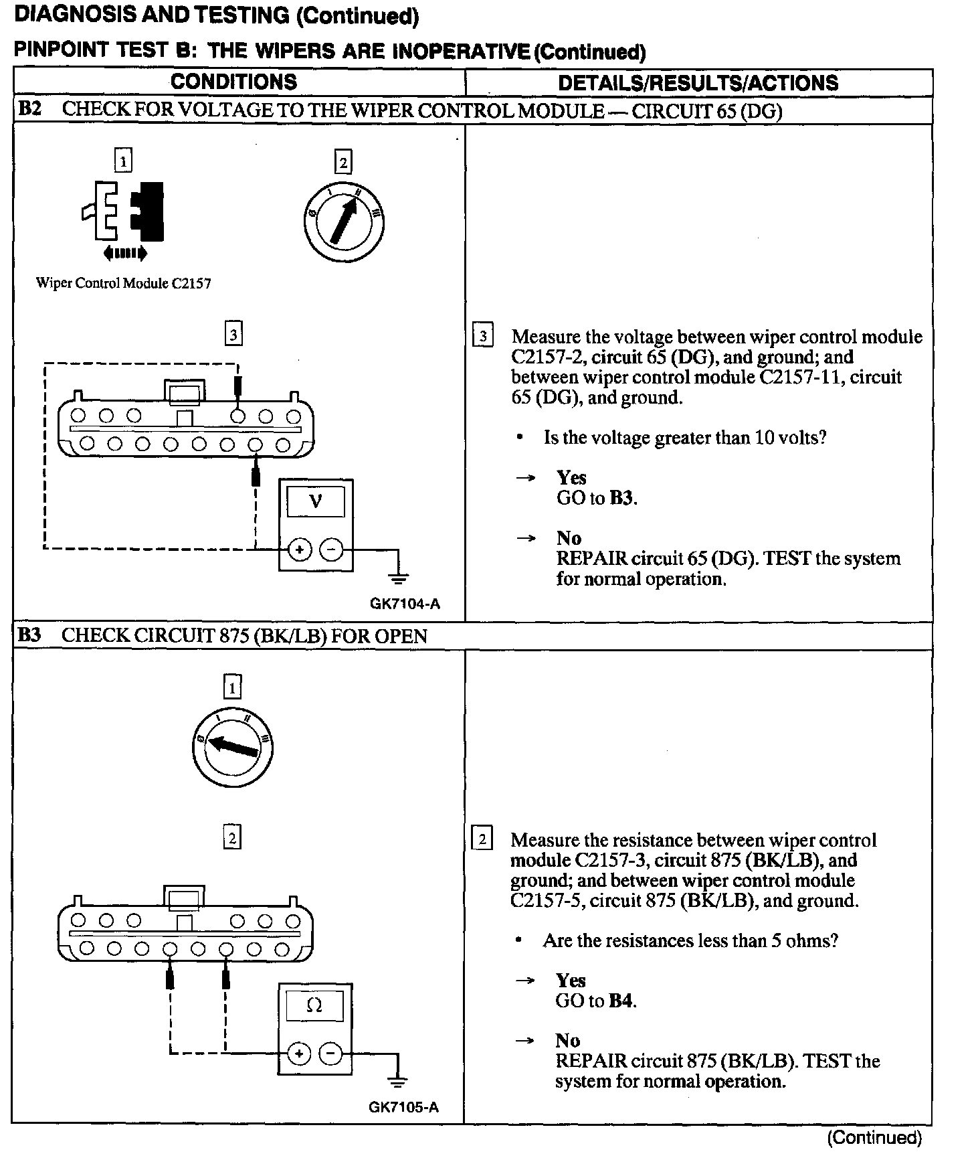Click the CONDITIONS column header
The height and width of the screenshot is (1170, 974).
233,82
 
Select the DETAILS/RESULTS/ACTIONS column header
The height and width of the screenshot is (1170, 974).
698,83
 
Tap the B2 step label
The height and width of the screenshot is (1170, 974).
29,110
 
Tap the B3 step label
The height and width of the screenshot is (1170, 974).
29,635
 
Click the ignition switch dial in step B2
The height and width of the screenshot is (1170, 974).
343,222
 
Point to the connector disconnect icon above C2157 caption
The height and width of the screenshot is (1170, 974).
124,213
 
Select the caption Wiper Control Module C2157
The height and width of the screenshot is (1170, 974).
123,284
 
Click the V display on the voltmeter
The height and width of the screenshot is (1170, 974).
316,501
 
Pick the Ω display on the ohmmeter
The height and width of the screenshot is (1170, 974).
314,1005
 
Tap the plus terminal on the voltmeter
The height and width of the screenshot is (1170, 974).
299,550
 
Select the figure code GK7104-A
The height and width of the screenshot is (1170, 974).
405,604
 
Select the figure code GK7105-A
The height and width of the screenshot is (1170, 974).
404,1107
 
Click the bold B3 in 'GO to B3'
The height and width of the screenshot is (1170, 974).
622,498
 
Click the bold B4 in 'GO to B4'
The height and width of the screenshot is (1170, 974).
621,1001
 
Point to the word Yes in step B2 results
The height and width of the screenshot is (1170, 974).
571,478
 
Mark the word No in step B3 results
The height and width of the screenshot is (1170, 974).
567,1041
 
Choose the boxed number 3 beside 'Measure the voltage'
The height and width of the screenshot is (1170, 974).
482,335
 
